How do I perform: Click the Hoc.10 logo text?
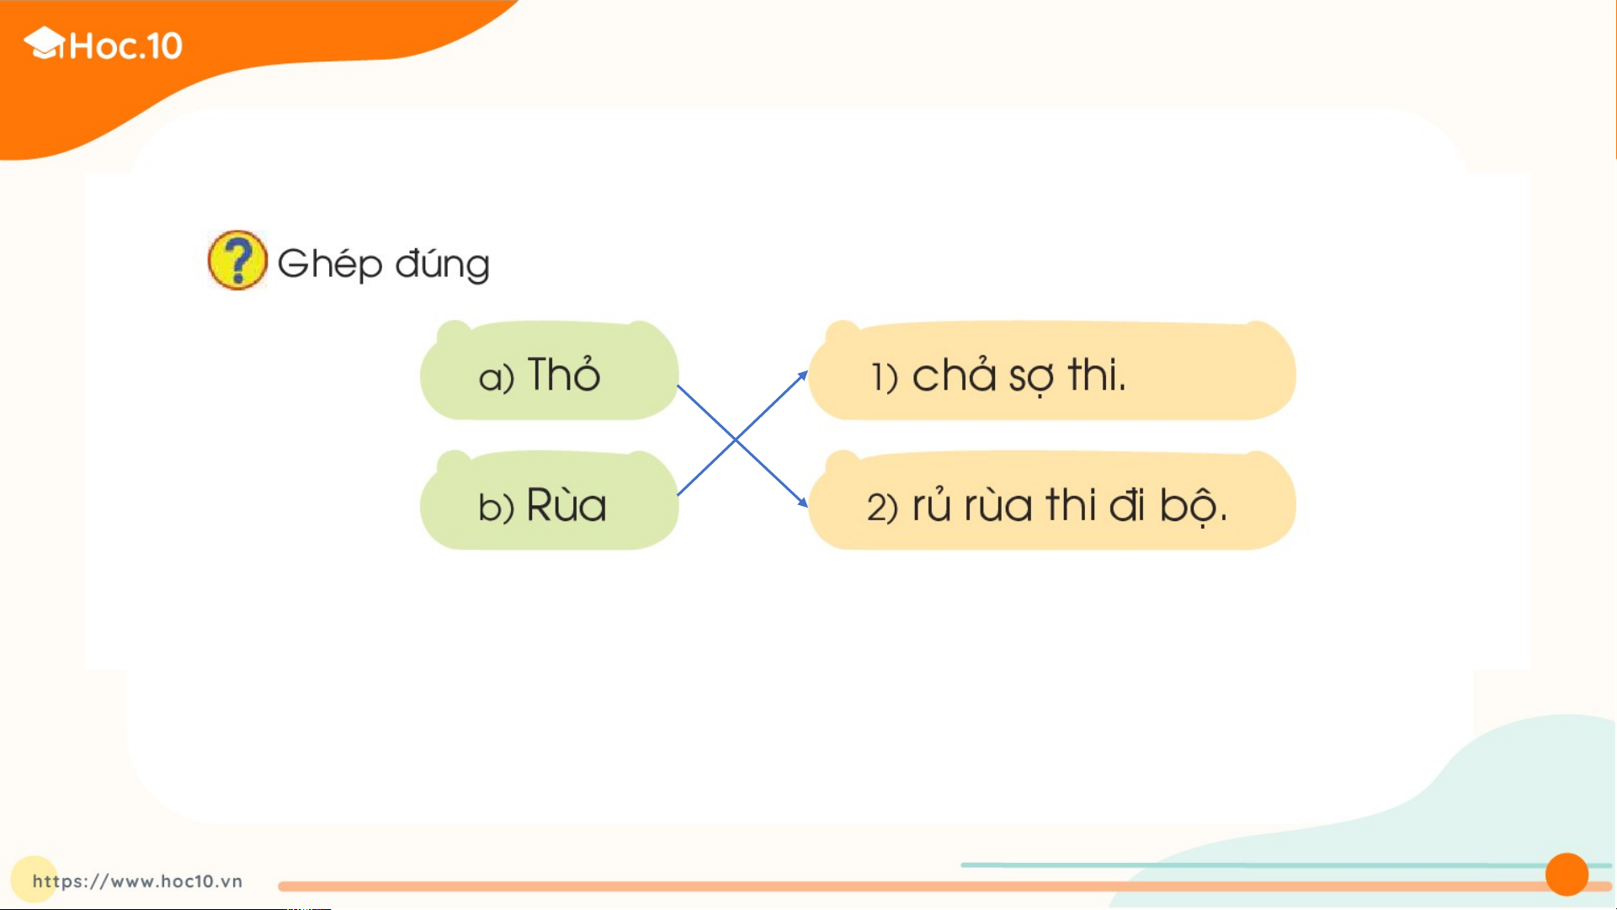tap(126, 45)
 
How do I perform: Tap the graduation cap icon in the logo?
tap(45, 43)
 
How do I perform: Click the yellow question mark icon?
tap(237, 260)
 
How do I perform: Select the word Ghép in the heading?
tap(330, 264)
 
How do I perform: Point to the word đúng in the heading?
tap(443, 264)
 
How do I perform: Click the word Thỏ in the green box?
tap(564, 375)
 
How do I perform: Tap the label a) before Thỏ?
tap(496, 377)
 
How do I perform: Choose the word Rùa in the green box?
tap(566, 504)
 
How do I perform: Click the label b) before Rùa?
tap(496, 507)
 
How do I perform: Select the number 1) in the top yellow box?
tap(885, 377)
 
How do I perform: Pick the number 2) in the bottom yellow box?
tap(882, 508)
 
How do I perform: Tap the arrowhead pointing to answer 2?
tap(802, 502)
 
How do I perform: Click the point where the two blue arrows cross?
tap(736, 439)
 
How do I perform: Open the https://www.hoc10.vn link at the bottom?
tap(137, 881)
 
